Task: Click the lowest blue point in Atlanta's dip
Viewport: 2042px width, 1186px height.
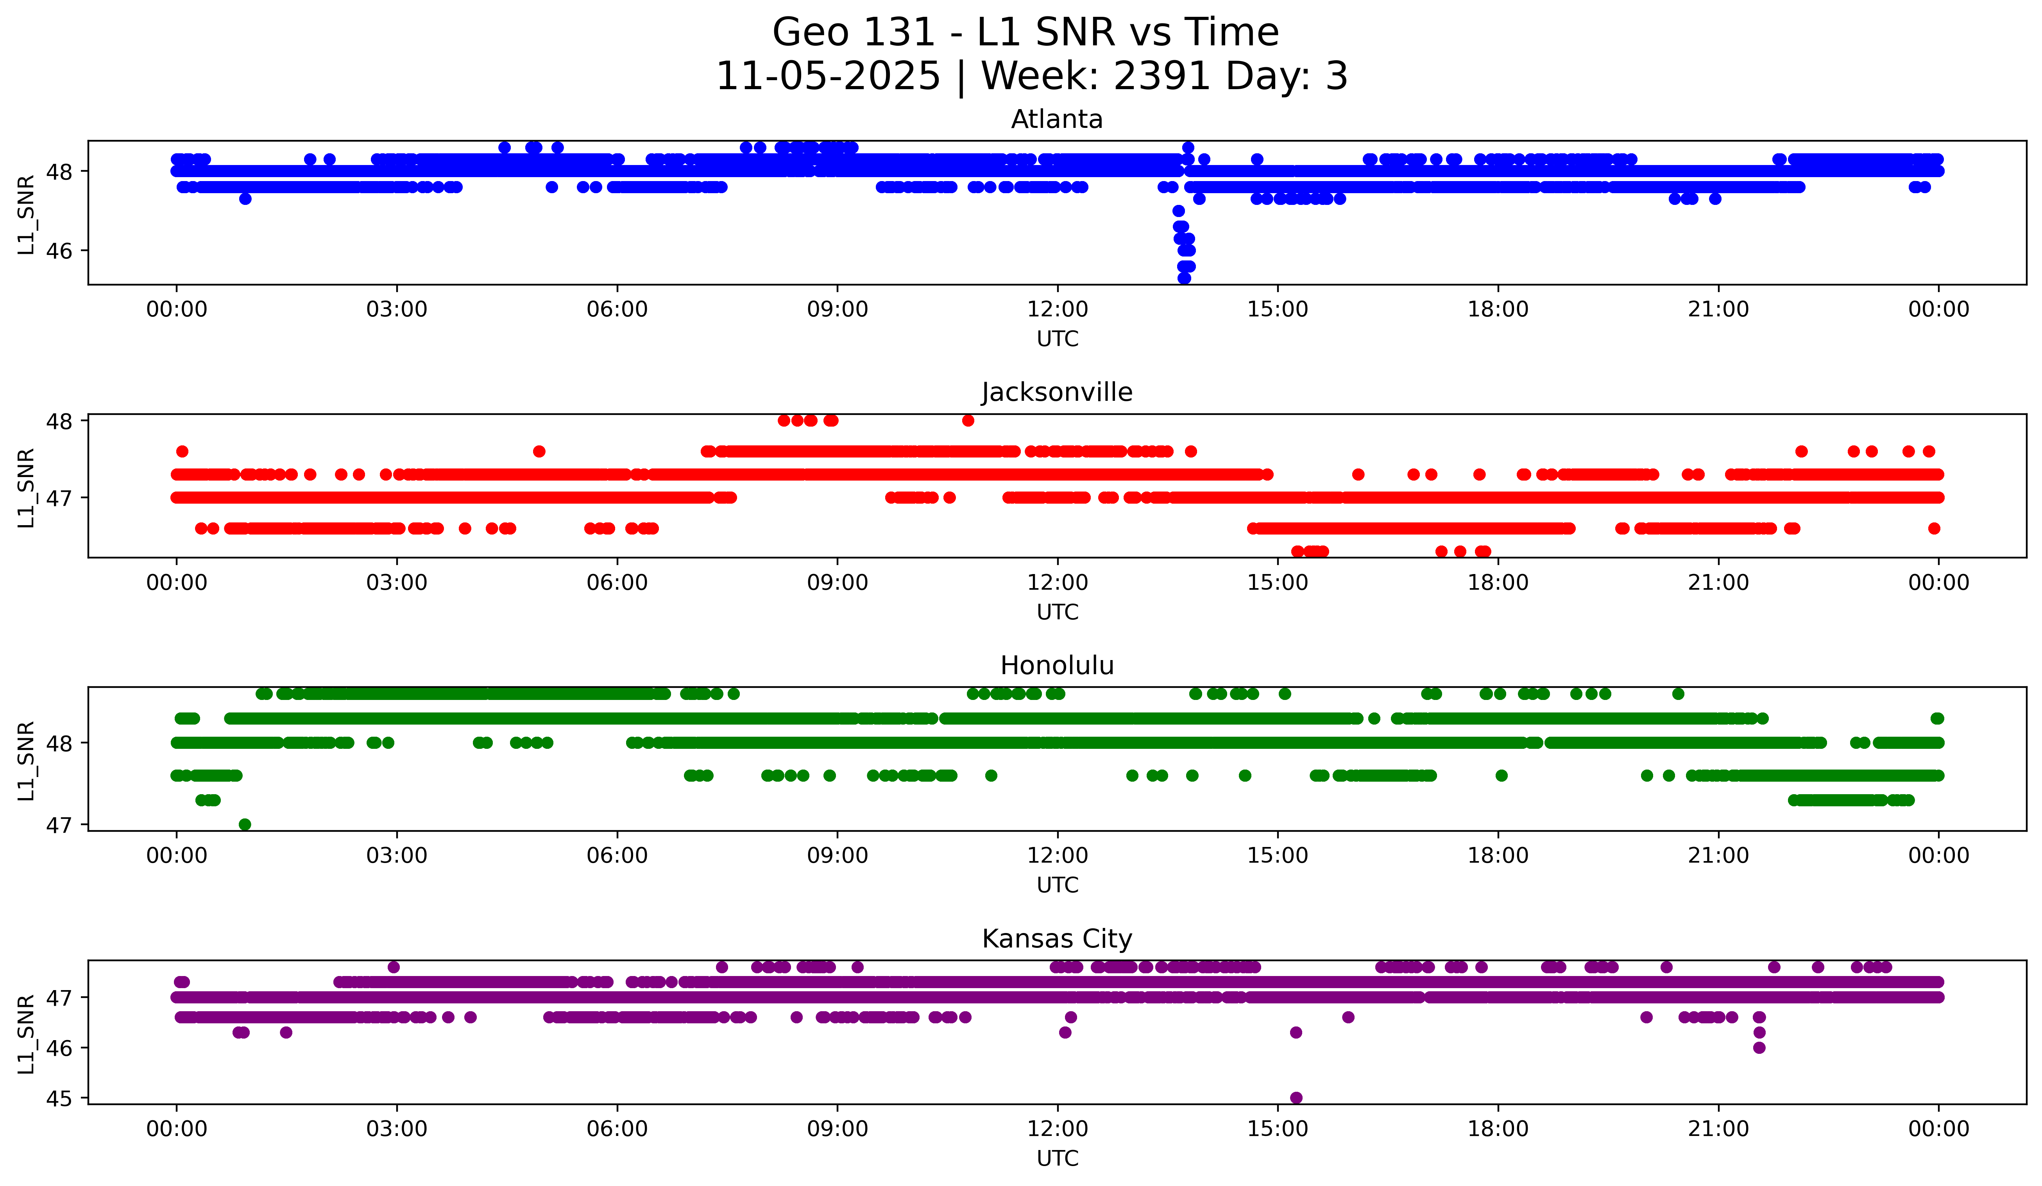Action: point(1184,278)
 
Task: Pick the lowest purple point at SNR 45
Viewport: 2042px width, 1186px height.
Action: point(1296,1098)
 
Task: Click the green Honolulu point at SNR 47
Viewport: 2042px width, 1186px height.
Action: point(245,824)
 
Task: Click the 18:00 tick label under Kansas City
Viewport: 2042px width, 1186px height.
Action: point(1498,1129)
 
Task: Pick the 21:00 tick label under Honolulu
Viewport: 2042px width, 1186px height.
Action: point(1718,855)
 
